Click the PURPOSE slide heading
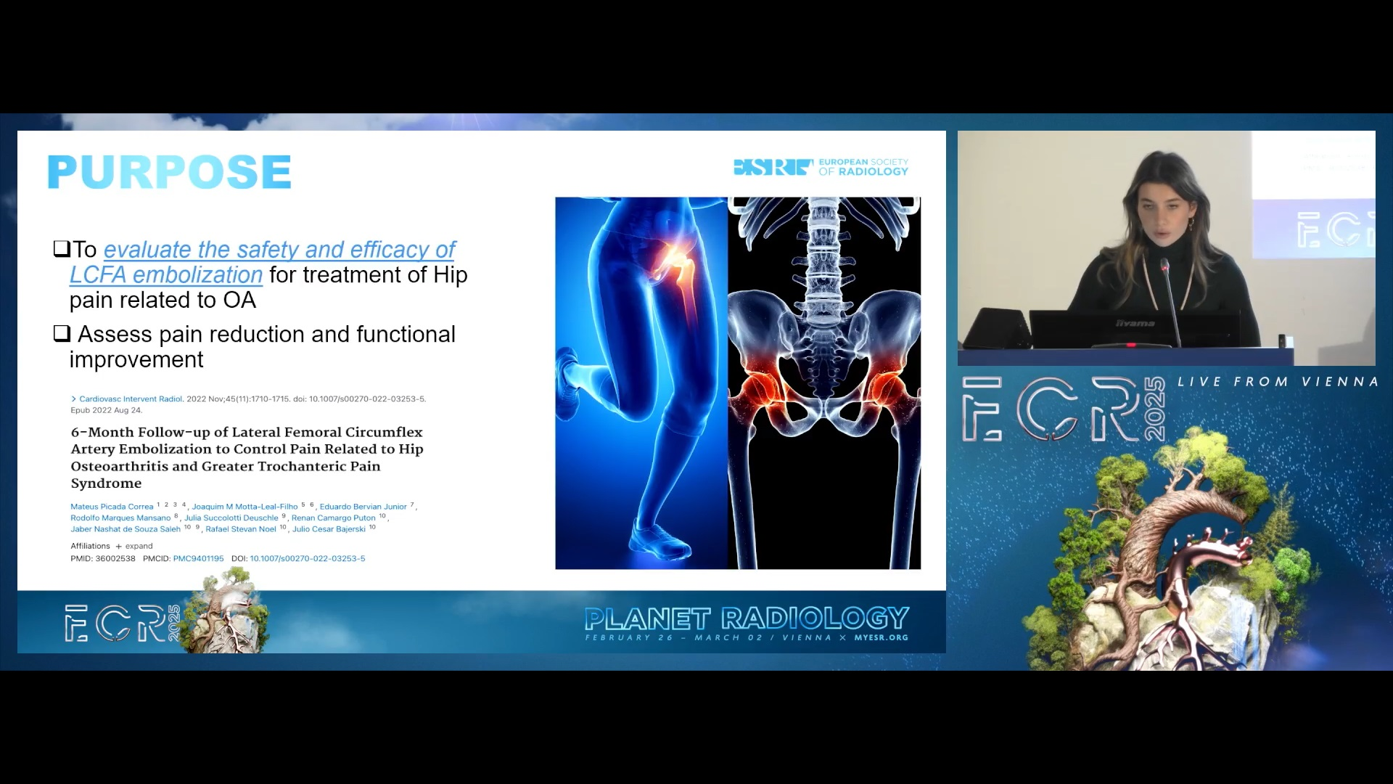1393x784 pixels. coord(169,172)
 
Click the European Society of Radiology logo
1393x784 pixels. coord(821,168)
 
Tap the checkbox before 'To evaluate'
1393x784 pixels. coord(61,249)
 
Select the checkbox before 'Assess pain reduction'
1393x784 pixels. coord(62,334)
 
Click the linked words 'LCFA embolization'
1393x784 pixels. coord(165,275)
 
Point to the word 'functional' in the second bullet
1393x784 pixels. coord(406,334)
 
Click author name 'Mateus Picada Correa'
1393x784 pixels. coord(112,507)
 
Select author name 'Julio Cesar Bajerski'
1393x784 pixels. coord(329,529)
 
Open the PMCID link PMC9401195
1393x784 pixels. coord(198,559)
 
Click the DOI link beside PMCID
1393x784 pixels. coord(308,559)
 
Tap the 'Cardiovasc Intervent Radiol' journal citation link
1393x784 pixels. coord(131,399)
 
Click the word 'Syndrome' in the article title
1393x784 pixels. coord(106,483)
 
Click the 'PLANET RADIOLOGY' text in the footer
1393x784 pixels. coord(747,618)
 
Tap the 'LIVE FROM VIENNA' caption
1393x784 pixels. coord(1278,382)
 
